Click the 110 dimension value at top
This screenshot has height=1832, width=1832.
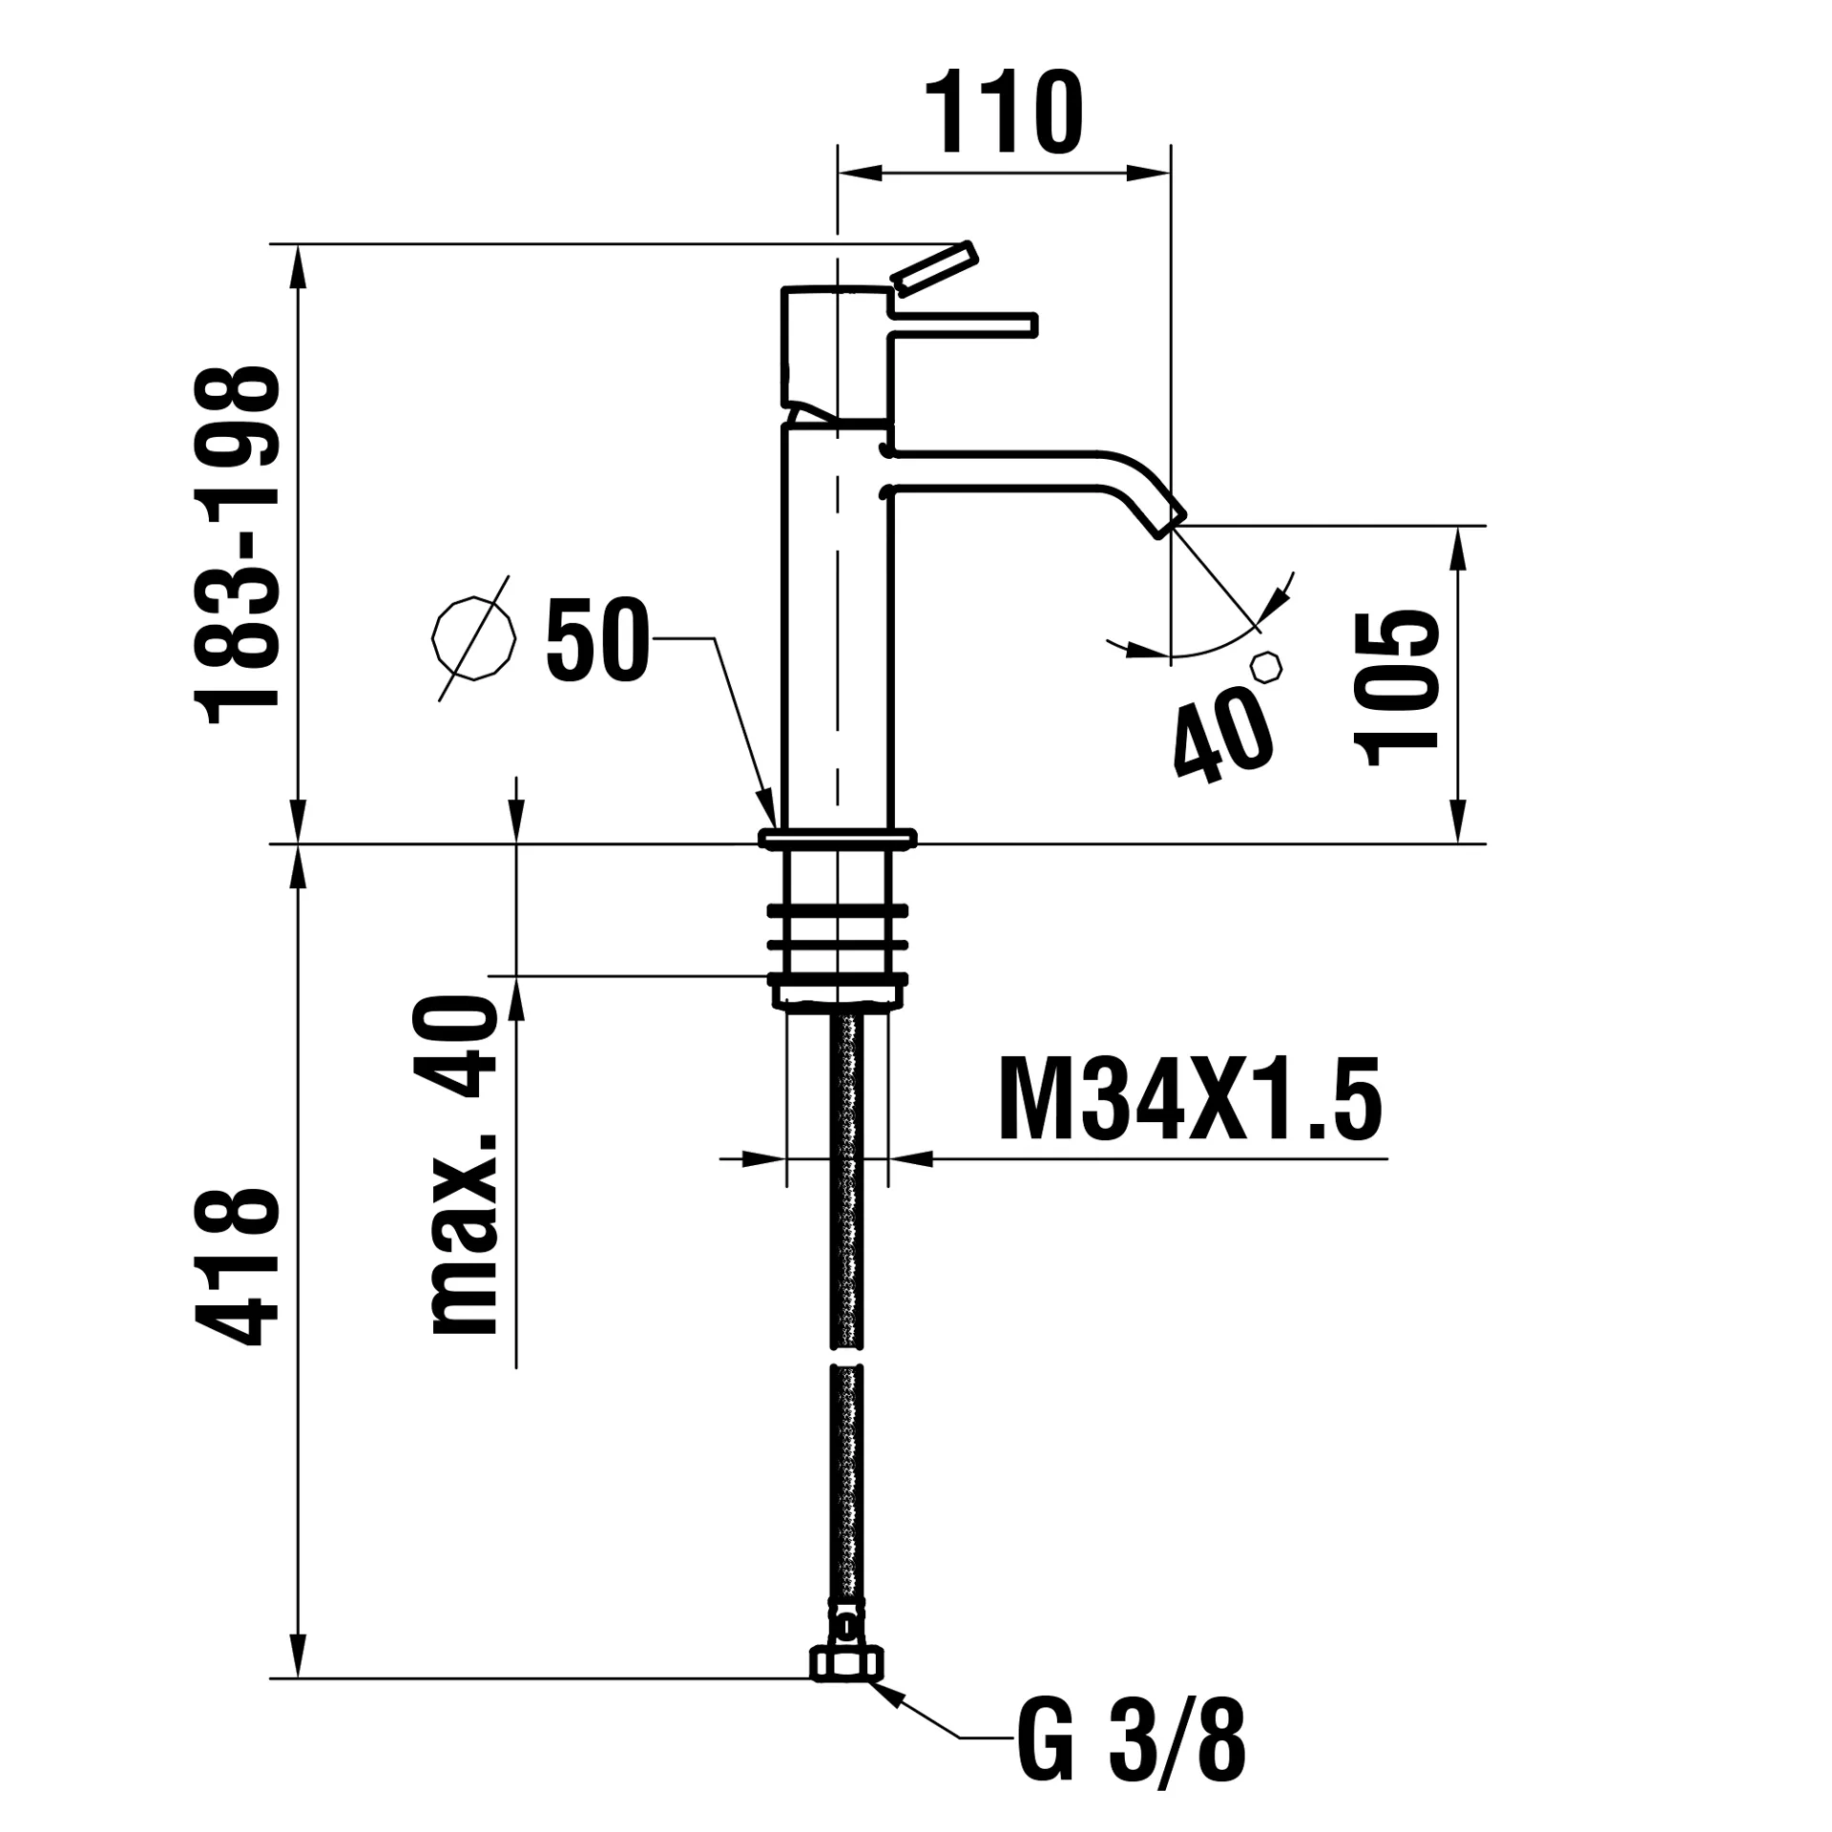tap(1004, 114)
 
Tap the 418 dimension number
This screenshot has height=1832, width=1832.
tap(238, 1266)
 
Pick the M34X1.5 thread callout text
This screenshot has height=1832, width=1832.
tap(1189, 1100)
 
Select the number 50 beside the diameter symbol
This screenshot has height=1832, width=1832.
tap(597, 639)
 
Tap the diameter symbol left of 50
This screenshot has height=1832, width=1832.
tap(473, 637)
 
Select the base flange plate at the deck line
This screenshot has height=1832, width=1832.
tap(837, 839)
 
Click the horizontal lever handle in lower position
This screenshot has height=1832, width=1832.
tap(964, 325)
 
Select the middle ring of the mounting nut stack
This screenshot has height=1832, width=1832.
tap(837, 945)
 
